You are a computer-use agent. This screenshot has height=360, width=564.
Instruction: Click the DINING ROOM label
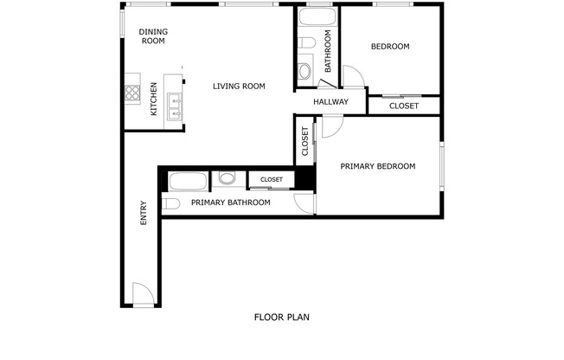[153, 36]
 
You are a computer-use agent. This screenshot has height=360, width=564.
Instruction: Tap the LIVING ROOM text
[239, 86]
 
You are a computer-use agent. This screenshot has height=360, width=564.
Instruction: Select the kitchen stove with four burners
[133, 91]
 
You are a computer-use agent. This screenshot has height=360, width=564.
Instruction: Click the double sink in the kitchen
[173, 104]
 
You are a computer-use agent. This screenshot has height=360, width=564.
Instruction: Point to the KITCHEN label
[154, 100]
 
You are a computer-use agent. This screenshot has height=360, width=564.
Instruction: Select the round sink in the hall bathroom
[305, 70]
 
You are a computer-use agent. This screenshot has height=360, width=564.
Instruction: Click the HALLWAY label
[330, 102]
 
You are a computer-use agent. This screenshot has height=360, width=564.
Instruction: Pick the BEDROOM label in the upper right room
[389, 47]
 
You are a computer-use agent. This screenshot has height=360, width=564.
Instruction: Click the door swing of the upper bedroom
[353, 77]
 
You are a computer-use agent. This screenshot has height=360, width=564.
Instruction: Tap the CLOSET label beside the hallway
[403, 106]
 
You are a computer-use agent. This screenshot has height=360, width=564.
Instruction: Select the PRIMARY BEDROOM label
[377, 166]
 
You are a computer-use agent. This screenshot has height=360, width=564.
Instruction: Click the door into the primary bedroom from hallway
[333, 123]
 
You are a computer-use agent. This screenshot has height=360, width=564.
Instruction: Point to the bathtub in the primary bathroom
[188, 182]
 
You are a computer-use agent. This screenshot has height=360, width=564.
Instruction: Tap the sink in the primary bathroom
[228, 179]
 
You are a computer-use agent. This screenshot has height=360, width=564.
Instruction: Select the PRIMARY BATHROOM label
[230, 202]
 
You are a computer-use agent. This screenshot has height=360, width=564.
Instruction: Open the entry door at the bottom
[144, 294]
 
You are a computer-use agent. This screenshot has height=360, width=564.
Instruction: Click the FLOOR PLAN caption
[281, 317]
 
